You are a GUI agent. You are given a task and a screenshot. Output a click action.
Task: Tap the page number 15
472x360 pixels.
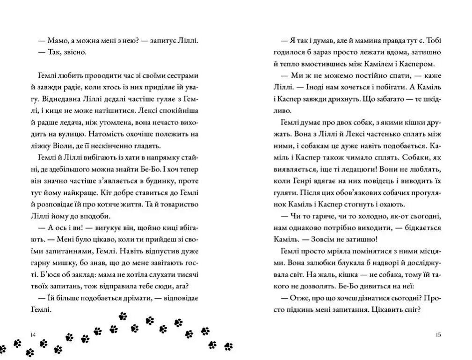[438, 335]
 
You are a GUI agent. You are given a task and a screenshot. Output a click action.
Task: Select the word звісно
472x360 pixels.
[75, 52]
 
